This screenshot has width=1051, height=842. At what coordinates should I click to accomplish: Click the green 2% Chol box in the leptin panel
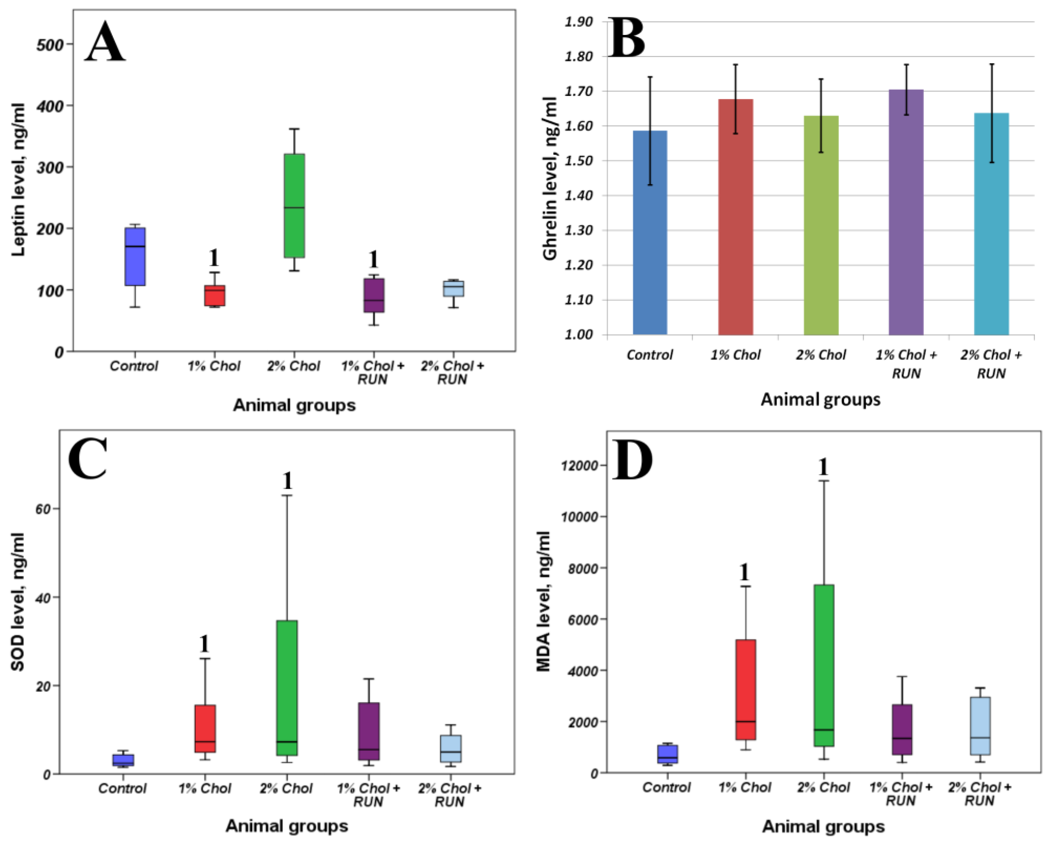click(294, 205)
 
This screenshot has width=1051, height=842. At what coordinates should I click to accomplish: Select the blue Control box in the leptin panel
click(135, 256)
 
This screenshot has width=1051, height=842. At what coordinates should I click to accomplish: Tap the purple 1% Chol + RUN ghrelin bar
click(906, 212)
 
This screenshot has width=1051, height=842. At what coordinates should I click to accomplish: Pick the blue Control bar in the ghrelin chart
click(650, 233)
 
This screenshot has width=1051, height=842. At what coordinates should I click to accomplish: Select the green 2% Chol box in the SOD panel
click(287, 688)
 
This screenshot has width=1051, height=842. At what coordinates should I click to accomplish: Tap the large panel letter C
click(87, 458)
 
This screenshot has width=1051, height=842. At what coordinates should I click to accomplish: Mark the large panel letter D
click(632, 460)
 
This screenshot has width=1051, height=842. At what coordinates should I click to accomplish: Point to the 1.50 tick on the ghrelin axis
click(579, 161)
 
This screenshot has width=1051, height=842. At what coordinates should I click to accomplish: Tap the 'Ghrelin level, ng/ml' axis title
click(550, 178)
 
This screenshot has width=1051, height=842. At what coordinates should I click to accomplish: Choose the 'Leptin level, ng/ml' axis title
click(19, 179)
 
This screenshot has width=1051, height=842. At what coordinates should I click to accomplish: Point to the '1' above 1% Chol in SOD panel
click(204, 644)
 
